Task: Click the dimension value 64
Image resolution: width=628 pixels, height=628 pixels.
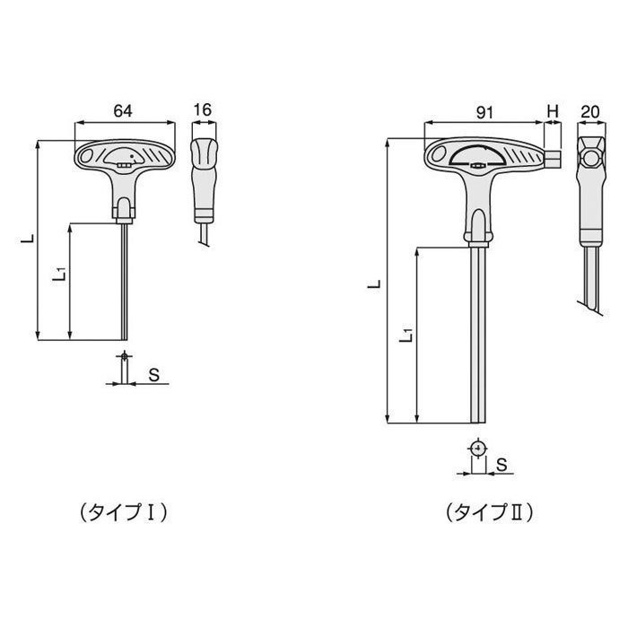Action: (124, 110)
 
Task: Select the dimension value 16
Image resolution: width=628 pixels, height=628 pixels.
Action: (203, 110)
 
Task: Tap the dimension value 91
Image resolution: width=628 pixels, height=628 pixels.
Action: (484, 113)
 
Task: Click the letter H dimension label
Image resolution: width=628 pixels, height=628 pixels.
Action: (552, 113)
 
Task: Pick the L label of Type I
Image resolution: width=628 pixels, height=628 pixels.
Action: (29, 240)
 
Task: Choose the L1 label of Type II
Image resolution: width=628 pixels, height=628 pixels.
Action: (406, 334)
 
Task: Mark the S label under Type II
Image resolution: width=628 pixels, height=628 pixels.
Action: (502, 463)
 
